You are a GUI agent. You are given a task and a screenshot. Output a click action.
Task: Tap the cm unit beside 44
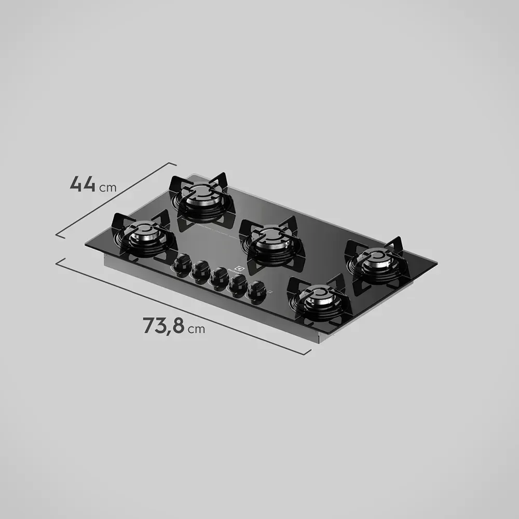[x=107, y=187]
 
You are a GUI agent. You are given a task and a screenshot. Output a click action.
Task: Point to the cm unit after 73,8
[x=197, y=329]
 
